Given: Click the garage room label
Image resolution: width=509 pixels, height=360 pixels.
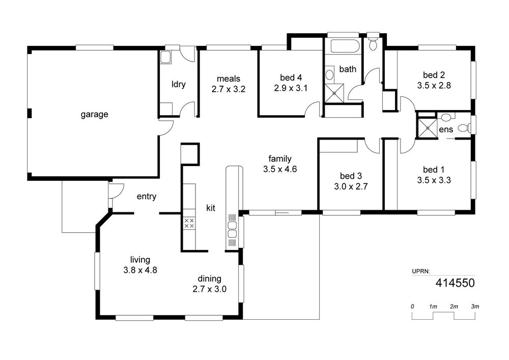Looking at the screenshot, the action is [x=94, y=114].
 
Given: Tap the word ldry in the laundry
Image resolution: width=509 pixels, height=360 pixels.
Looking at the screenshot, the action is [x=178, y=85].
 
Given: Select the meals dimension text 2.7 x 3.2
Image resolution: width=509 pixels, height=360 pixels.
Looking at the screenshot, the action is [x=229, y=89].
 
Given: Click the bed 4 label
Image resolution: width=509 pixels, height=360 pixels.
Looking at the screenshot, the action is [x=291, y=77].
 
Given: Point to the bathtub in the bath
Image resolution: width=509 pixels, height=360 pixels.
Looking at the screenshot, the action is [x=345, y=46].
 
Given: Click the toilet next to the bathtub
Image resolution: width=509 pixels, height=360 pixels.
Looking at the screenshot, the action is [x=373, y=43].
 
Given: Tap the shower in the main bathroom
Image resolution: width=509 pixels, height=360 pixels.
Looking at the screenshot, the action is [x=334, y=93].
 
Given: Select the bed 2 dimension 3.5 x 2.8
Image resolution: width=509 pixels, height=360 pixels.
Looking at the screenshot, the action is [x=434, y=86].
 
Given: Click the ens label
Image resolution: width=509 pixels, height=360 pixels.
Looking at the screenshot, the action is [x=446, y=129].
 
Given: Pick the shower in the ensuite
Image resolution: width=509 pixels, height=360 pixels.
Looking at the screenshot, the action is [x=427, y=128].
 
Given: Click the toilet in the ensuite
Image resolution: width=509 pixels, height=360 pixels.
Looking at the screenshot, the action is [x=465, y=128].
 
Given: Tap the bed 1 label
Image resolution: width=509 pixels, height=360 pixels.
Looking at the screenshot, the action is [x=434, y=170].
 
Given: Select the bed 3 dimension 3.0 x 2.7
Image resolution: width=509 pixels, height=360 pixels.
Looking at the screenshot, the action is [x=351, y=186].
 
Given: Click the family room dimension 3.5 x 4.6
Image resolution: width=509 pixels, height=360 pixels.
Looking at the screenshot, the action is [x=280, y=169].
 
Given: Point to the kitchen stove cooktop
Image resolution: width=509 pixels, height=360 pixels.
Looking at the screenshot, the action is [x=189, y=223].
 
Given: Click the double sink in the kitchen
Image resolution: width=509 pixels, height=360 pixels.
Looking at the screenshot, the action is [x=232, y=230].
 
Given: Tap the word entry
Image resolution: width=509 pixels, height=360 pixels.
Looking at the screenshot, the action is [x=147, y=197].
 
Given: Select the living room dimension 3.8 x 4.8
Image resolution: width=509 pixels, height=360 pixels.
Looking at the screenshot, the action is [x=140, y=270].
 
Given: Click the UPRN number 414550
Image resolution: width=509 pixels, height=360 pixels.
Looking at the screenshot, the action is [x=455, y=283].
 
